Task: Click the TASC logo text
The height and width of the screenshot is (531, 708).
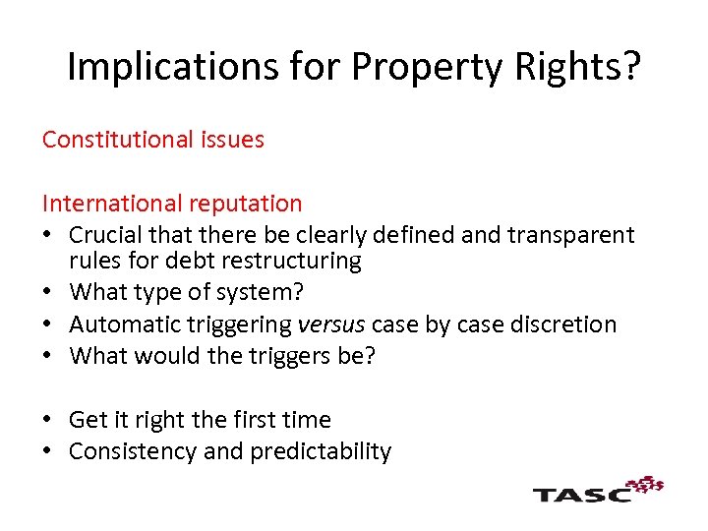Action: click(581, 493)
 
